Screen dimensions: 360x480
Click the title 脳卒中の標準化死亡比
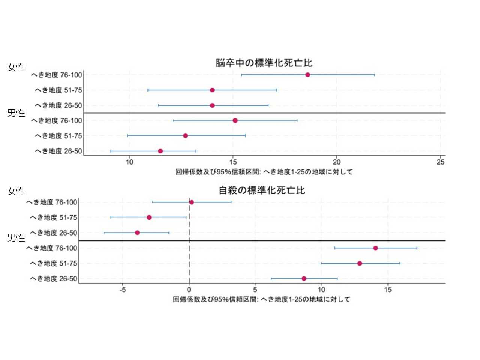click(264, 63)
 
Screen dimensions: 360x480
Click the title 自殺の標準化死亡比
click(262, 190)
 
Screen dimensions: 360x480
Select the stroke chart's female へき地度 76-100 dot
click(307, 75)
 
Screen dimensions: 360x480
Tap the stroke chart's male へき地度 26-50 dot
click(160, 151)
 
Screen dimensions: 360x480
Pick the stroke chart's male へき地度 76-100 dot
click(235, 120)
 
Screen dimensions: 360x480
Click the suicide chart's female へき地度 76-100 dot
click(192, 202)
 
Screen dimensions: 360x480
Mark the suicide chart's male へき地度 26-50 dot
click(304, 279)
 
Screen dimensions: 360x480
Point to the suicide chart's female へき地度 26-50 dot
click(137, 233)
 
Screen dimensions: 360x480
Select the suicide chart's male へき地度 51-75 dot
click(360, 263)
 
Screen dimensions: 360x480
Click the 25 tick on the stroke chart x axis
click(441, 162)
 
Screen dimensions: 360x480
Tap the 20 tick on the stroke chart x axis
click(337, 162)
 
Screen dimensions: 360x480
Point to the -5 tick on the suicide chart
click(123, 289)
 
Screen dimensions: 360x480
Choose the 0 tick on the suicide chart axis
click(189, 289)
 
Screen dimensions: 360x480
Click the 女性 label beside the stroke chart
click(16, 67)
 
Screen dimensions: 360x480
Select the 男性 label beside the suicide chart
click(16, 238)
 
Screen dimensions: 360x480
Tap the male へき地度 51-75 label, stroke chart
click(58, 136)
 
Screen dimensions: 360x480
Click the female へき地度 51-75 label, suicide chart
click(53, 217)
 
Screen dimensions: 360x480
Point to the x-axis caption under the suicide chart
click(261, 299)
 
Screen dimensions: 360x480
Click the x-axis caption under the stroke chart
click(264, 172)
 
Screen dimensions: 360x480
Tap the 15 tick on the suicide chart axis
click(388, 289)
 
